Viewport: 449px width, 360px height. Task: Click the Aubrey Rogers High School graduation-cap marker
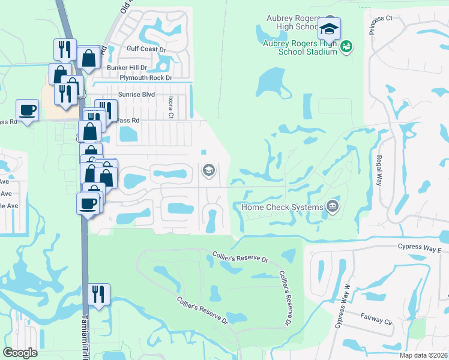329,28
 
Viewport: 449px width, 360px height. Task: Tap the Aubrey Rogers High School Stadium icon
346,46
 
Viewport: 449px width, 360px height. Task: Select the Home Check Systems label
282,207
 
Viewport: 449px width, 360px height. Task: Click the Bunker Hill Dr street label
127,68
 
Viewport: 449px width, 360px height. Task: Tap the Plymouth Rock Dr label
146,78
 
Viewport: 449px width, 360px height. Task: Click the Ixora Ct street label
170,106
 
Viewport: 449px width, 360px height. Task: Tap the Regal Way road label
379,170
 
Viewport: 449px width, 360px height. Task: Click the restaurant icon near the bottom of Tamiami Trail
97,294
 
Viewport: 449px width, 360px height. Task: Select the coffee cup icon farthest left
27,110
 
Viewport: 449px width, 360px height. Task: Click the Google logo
20,352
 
